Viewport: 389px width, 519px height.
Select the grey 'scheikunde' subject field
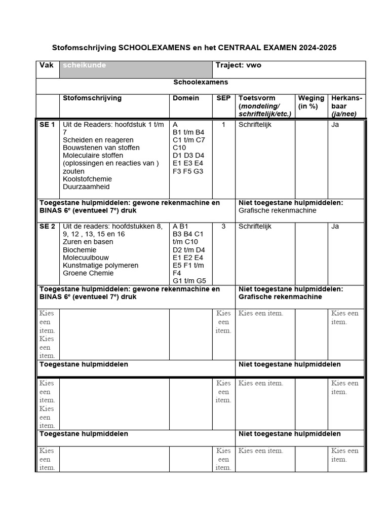coord(136,70)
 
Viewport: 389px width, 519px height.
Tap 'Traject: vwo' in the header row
coord(239,65)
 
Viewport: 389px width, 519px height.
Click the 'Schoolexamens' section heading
coord(201,82)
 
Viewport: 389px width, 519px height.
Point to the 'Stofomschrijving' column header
coord(92,98)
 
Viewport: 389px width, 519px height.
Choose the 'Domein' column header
coord(186,98)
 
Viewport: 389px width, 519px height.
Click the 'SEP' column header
coord(223,98)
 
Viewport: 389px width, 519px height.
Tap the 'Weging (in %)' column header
coord(311,102)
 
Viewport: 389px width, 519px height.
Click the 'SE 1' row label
coord(47,125)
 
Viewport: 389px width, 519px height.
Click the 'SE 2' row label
coord(47,227)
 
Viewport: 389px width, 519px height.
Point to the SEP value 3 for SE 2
coord(223,227)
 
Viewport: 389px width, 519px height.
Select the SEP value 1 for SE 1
coord(223,125)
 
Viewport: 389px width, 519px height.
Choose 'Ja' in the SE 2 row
coord(335,227)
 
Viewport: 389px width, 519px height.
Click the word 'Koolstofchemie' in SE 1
coord(87,179)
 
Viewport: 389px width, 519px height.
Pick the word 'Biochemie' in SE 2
coord(80,250)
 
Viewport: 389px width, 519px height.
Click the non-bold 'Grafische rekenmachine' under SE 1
coord(277,210)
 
